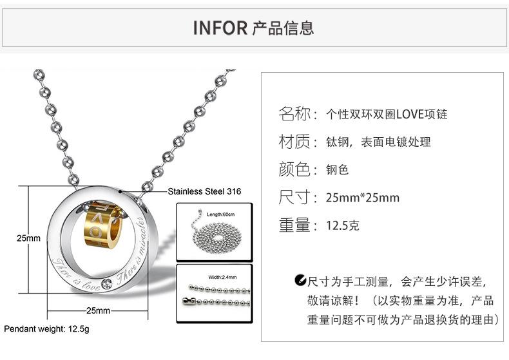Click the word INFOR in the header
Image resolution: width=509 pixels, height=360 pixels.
point(220,28)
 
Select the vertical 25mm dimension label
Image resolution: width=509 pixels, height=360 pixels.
point(28,238)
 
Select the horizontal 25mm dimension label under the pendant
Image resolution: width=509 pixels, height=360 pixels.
point(98,310)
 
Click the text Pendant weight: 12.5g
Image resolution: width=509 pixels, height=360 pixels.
point(47,329)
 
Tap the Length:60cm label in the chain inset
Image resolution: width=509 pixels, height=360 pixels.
point(220,214)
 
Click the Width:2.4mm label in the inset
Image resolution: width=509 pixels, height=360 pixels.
point(222,278)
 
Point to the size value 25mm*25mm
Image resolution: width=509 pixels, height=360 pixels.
point(363,198)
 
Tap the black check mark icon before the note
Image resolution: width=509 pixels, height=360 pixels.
point(300,281)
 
